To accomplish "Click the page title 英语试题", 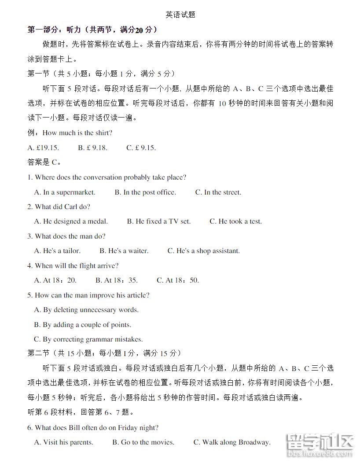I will click(x=180, y=15).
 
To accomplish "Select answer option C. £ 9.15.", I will click(x=141, y=148).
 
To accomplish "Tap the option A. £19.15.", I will click(x=43, y=148).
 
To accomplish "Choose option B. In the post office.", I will click(x=145, y=192).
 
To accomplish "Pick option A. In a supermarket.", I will click(x=65, y=192).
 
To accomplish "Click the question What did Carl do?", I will click(x=59, y=207).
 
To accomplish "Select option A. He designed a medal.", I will click(x=71, y=221).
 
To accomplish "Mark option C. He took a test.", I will click(x=235, y=221).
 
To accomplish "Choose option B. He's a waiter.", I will click(x=124, y=251).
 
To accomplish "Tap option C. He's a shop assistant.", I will click(x=203, y=251).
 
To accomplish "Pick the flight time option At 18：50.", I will click(x=178, y=280).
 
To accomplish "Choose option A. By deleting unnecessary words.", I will click(x=86, y=310).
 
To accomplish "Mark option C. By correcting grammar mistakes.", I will click(x=88, y=339).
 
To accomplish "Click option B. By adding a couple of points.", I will click(x=83, y=325).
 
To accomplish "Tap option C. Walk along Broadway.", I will click(x=232, y=442).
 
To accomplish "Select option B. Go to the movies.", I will click(x=143, y=442).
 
